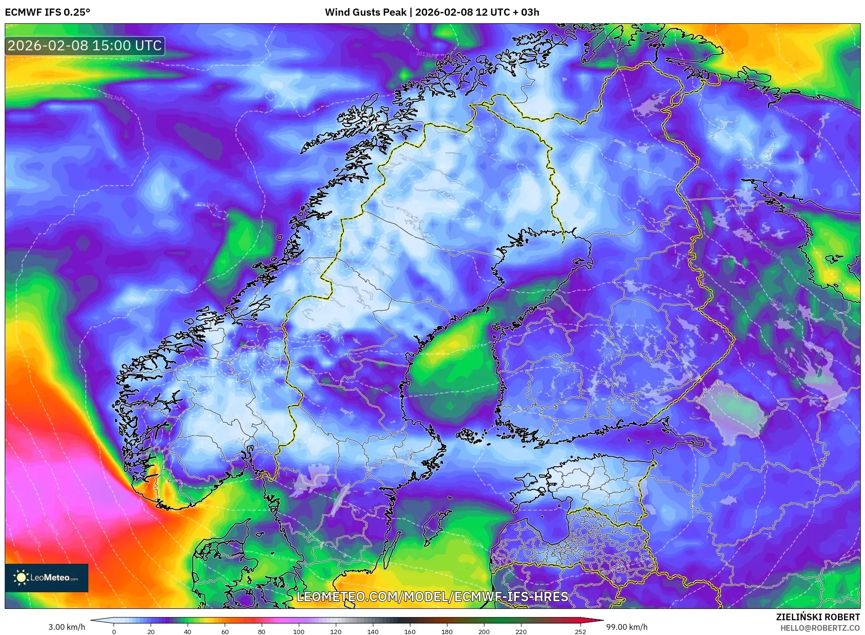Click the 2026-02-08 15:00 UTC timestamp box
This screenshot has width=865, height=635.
click(x=85, y=46)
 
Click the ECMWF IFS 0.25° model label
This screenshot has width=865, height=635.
click(x=48, y=12)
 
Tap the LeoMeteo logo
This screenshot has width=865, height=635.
click(x=47, y=578)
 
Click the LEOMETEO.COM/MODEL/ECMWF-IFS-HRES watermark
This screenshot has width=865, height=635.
click(x=432, y=597)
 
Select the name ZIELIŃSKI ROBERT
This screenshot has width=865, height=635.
click(x=817, y=617)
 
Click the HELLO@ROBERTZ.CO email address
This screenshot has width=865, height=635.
click(x=820, y=627)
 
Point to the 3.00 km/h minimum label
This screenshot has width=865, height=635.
click(x=67, y=627)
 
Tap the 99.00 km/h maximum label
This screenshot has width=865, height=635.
click(x=627, y=627)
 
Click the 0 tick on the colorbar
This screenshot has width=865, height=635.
click(x=114, y=632)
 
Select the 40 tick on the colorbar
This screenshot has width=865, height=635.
click(x=188, y=632)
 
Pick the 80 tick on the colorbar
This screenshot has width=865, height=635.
click(x=262, y=632)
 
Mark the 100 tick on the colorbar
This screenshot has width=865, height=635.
click(x=299, y=632)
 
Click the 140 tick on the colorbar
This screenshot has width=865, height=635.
click(x=373, y=632)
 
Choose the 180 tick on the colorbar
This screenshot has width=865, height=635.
click(x=447, y=632)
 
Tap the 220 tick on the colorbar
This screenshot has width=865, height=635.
click(x=521, y=632)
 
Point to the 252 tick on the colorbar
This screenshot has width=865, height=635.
click(x=580, y=632)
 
